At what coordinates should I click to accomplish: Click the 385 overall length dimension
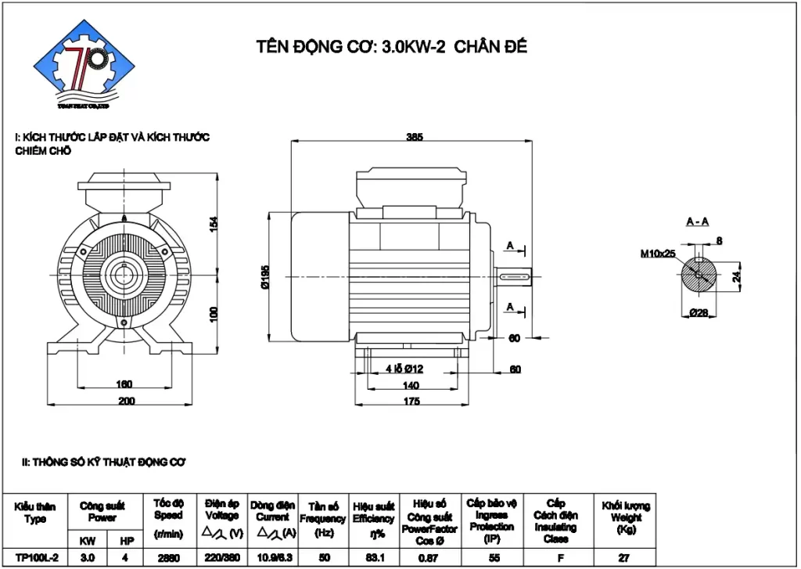click(415, 137)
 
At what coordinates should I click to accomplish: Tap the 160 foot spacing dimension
click(124, 384)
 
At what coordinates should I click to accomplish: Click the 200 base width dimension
click(127, 402)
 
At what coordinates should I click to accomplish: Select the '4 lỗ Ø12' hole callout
click(404, 369)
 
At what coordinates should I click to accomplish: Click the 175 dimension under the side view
click(411, 402)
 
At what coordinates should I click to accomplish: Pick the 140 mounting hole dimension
click(411, 385)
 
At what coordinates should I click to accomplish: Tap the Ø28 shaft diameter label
click(699, 313)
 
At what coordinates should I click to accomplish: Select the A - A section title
click(697, 222)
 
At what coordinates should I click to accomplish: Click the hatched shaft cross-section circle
click(698, 275)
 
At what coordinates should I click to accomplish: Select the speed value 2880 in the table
click(167, 558)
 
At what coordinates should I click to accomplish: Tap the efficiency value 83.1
click(373, 558)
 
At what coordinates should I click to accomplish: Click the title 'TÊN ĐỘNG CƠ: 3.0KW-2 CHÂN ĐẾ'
click(392, 46)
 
